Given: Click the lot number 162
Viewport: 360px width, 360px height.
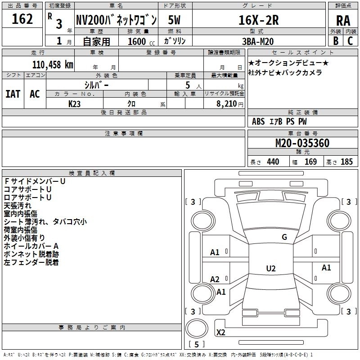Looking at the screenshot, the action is [x=22, y=19].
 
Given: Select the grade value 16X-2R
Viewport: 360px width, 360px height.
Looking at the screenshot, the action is [x=258, y=20].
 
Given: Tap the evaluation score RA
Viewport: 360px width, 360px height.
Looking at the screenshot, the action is [x=343, y=21].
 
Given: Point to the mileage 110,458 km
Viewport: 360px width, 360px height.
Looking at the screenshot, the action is [x=53, y=65].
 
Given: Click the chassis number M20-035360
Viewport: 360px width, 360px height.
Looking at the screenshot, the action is [x=302, y=143].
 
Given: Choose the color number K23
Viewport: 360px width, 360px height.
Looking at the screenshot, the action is [x=74, y=104].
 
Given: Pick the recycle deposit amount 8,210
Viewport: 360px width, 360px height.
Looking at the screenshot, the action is [x=227, y=103].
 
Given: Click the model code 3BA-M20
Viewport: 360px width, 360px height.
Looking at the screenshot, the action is [x=258, y=41].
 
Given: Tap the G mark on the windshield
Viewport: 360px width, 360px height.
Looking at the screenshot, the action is [x=284, y=237].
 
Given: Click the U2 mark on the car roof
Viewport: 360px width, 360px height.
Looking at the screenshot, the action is [x=271, y=268].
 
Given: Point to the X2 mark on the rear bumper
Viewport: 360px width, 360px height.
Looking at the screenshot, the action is [x=220, y=332].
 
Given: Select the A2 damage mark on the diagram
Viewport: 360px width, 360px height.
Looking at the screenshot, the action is [x=215, y=279].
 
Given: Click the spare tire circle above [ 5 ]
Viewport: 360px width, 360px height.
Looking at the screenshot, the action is [x=197, y=328].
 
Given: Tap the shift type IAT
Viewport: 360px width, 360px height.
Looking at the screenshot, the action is [x=13, y=94].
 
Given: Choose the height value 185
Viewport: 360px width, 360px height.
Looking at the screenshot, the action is [x=346, y=162].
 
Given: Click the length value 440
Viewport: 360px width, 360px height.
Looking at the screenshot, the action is [x=273, y=162].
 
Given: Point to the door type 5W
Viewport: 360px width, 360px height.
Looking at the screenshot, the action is [x=174, y=20].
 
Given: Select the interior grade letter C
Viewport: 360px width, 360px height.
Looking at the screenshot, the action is [x=350, y=41].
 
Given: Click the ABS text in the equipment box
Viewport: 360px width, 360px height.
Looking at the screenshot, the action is [x=258, y=121].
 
